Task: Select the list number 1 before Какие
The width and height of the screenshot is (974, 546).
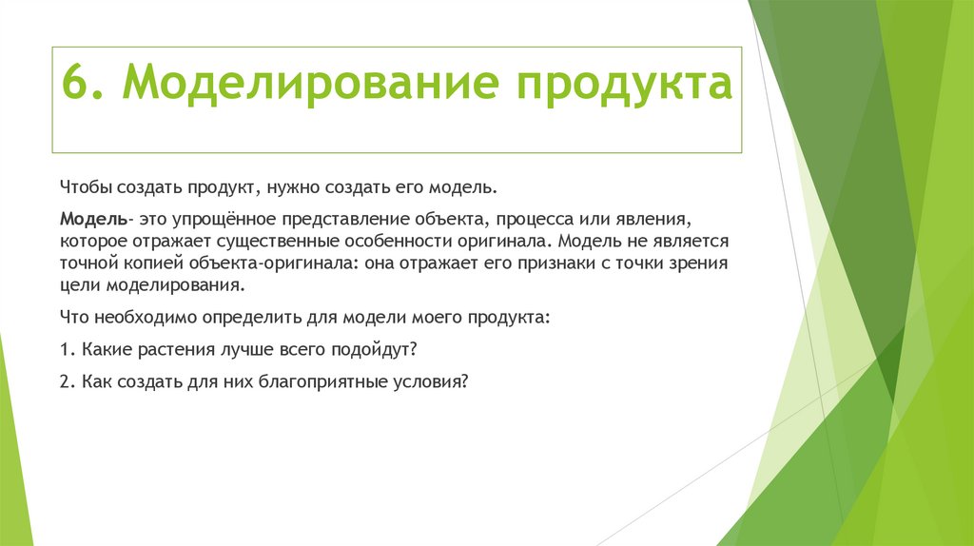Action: point(65,350)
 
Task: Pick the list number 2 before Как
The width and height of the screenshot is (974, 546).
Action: point(65,381)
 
